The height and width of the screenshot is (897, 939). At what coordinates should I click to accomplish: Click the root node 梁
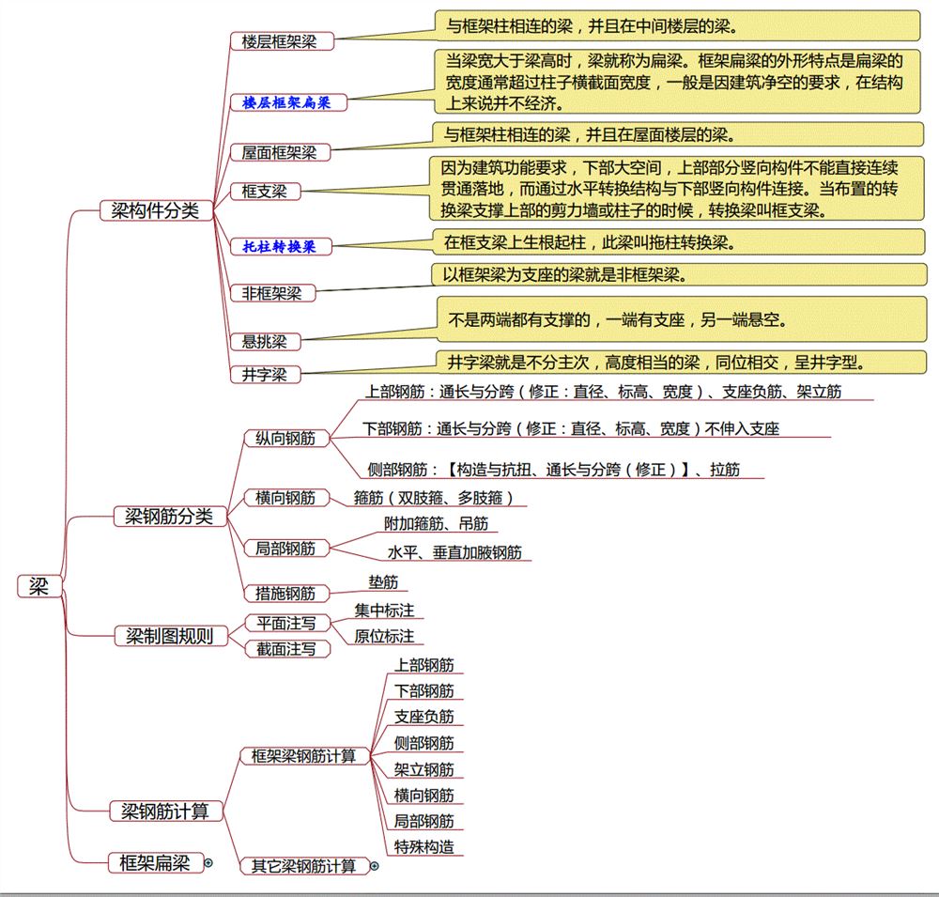(x=38, y=586)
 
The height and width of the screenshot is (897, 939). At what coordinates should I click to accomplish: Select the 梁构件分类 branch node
(x=156, y=210)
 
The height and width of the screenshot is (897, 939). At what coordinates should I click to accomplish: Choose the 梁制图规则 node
(x=170, y=636)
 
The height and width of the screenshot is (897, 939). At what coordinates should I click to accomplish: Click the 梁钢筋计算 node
(x=165, y=811)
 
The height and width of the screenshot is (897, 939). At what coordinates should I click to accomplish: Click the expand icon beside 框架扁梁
(x=208, y=861)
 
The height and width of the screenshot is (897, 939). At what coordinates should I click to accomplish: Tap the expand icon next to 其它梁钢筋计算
(x=374, y=866)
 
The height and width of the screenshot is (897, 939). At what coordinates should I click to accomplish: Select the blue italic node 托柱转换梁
(x=279, y=247)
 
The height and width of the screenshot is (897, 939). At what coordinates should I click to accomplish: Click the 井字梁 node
(x=265, y=374)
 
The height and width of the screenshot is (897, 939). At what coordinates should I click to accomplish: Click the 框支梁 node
(x=265, y=192)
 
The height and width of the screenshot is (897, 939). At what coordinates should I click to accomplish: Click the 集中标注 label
(x=384, y=610)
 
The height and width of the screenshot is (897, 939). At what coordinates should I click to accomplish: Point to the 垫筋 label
(x=383, y=582)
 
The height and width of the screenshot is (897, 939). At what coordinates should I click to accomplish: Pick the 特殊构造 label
(x=424, y=846)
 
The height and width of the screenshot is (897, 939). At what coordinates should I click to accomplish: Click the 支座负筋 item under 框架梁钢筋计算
(x=424, y=717)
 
